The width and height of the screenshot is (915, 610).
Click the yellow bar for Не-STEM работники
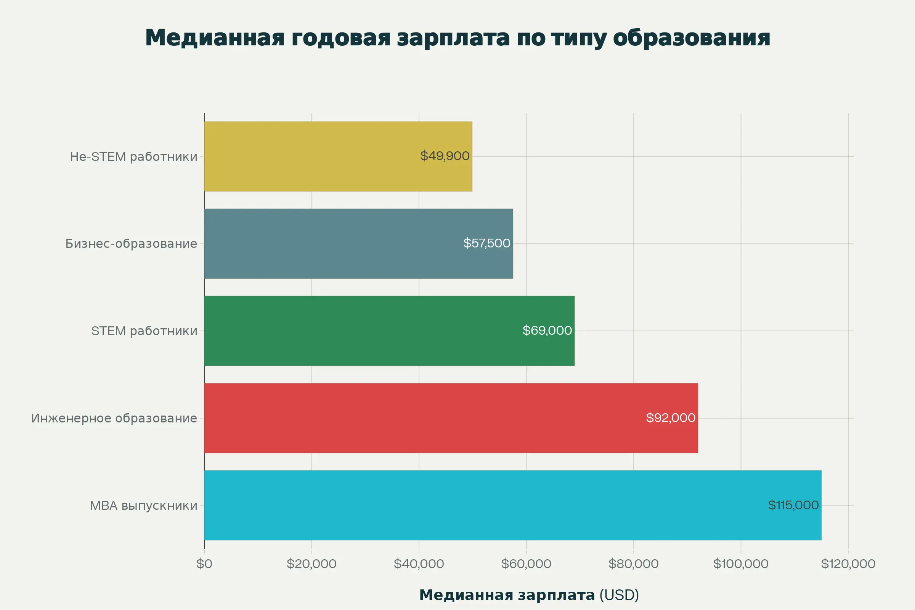point(311,156)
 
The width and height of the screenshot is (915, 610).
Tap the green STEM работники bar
point(362,331)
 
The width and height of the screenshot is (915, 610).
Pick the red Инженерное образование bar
point(420,418)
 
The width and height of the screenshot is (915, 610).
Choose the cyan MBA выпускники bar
point(467,505)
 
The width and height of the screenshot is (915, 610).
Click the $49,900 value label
point(445,156)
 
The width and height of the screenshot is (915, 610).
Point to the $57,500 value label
point(487,243)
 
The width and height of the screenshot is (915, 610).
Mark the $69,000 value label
point(547,330)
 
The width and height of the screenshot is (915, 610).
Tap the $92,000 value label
point(670,417)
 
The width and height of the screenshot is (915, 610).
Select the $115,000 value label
point(793,505)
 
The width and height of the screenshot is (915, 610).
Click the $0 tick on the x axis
point(204,564)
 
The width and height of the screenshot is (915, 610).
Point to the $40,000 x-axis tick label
point(419,564)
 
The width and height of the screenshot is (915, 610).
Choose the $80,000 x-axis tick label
point(633,564)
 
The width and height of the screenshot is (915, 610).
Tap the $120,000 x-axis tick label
point(848,564)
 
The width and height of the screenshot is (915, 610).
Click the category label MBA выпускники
point(144,506)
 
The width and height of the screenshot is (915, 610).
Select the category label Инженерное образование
point(114,418)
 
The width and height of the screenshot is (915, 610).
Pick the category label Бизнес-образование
point(131,244)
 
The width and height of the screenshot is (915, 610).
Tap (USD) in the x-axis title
point(619,595)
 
